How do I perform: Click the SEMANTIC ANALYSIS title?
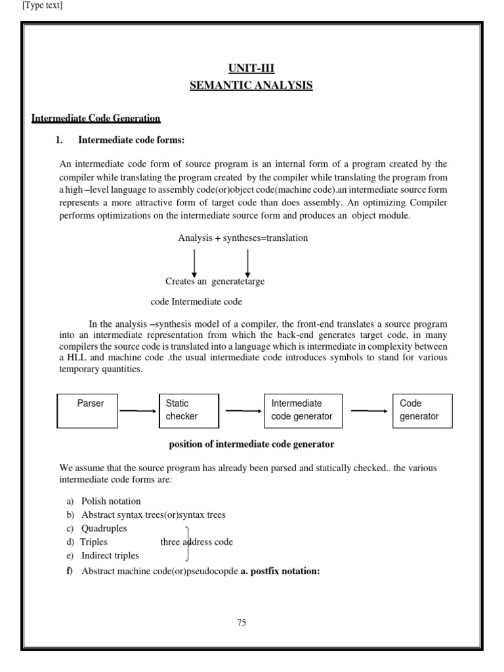click(251, 85)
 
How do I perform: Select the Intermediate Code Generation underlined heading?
click(96, 118)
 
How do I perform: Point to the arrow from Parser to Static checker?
click(138, 411)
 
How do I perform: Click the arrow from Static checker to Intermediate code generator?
click(243, 411)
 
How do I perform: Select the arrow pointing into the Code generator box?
click(369, 411)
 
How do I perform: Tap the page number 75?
click(241, 623)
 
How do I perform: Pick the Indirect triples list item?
click(110, 556)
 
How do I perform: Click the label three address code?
click(197, 542)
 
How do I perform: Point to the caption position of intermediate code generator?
click(252, 444)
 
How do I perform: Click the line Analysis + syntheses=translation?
click(243, 238)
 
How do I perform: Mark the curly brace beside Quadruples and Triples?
click(188, 542)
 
